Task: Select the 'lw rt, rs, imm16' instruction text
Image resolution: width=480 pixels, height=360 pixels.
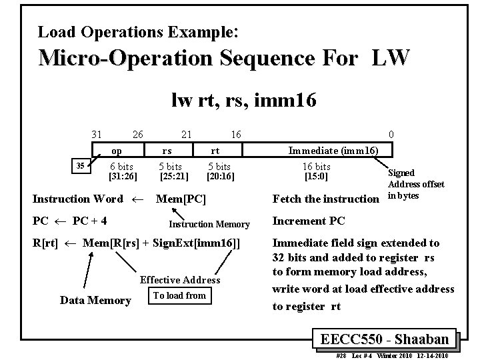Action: click(x=243, y=101)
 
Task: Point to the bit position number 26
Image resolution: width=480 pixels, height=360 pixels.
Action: click(x=137, y=135)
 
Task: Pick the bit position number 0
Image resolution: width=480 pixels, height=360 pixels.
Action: click(x=391, y=135)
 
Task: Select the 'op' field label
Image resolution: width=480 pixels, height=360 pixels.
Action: click(x=117, y=151)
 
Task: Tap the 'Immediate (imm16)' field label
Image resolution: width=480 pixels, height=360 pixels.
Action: click(x=333, y=151)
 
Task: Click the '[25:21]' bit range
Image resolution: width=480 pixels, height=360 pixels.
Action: click(x=175, y=177)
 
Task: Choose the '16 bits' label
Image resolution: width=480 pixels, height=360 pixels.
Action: click(x=317, y=167)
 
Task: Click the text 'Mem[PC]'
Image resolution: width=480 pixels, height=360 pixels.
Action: click(x=181, y=199)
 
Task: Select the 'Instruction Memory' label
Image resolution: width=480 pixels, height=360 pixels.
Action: click(x=209, y=225)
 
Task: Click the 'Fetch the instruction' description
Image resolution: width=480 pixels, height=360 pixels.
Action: click(x=325, y=199)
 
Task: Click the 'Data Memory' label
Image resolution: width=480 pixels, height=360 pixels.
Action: click(x=95, y=301)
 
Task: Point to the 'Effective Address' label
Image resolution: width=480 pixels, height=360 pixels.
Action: click(x=180, y=280)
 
